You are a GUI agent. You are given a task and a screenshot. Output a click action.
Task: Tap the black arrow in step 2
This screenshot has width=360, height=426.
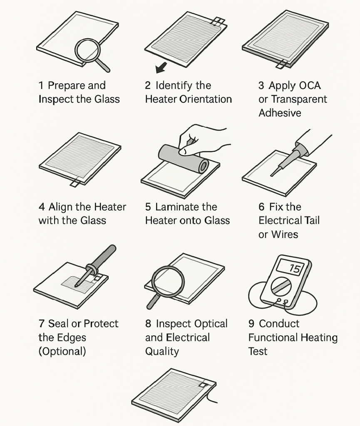[x=160, y=67]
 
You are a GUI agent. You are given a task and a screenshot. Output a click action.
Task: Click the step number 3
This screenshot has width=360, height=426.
[x=261, y=86]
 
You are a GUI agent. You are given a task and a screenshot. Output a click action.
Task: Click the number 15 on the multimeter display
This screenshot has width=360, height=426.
[x=294, y=269]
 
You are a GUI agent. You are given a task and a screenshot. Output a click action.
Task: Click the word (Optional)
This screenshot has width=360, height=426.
[x=62, y=351]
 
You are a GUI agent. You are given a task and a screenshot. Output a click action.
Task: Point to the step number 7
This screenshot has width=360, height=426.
[x=42, y=324]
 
